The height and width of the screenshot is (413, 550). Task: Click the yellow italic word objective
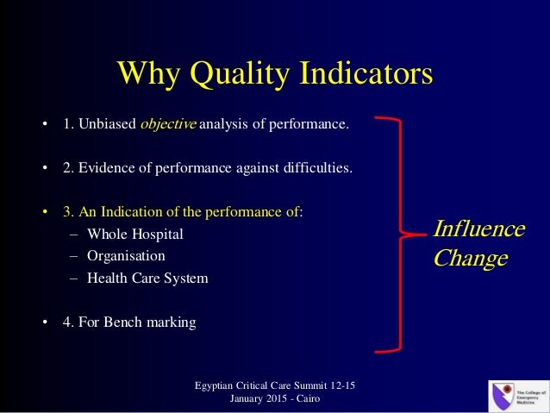click(x=168, y=124)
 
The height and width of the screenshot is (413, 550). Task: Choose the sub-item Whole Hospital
click(x=135, y=234)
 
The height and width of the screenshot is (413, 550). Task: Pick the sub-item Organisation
click(x=126, y=256)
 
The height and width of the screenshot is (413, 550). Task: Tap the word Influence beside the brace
click(x=478, y=229)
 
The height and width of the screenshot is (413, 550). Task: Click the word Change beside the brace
click(x=470, y=258)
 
